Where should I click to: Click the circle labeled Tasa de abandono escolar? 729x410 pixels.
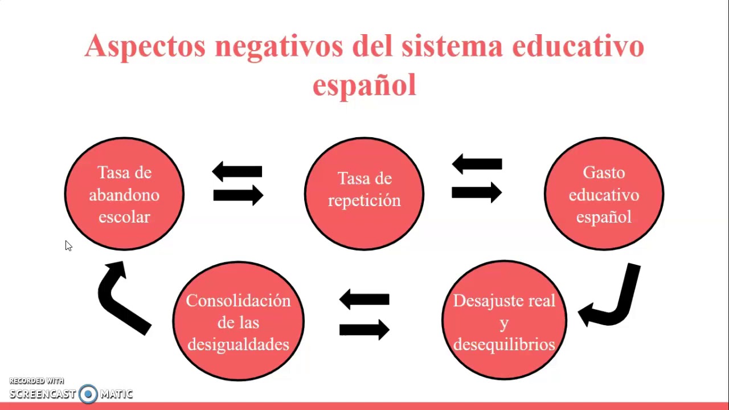(124, 194)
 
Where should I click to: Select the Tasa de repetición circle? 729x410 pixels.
(364, 194)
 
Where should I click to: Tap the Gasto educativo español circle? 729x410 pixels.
(604, 194)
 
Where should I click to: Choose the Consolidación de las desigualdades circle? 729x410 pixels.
(238, 322)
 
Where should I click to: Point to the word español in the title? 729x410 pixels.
(364, 85)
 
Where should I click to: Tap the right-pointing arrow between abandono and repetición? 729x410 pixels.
(238, 195)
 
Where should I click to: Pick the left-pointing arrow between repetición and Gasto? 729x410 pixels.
(477, 165)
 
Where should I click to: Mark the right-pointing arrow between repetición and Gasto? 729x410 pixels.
(477, 192)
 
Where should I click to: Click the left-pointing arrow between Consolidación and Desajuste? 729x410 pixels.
(364, 299)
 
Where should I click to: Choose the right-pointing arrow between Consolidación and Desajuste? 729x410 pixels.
(364, 329)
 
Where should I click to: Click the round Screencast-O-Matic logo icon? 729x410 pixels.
(88, 393)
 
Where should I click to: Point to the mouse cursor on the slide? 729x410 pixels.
(68, 245)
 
